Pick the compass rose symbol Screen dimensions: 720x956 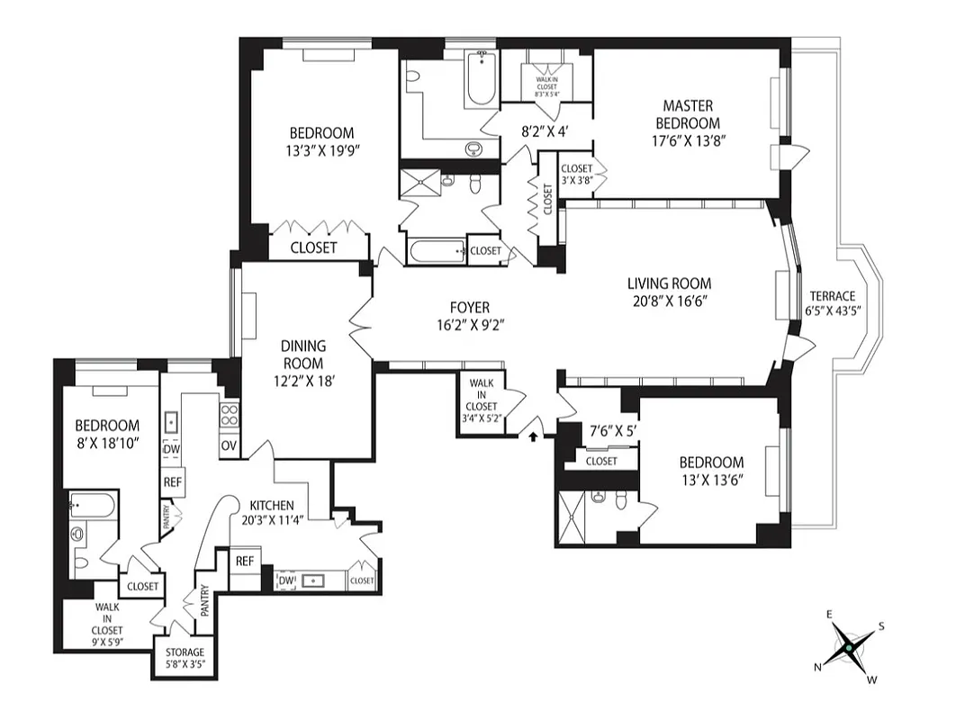tap(848, 646)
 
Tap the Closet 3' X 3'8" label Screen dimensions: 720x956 tap(576, 174)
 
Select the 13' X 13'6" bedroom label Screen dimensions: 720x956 tap(711, 471)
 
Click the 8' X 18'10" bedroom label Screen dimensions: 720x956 tap(106, 434)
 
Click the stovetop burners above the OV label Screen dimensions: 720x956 tap(229, 415)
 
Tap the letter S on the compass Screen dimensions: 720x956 tap(881, 627)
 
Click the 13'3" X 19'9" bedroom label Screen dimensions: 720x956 tap(315, 140)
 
